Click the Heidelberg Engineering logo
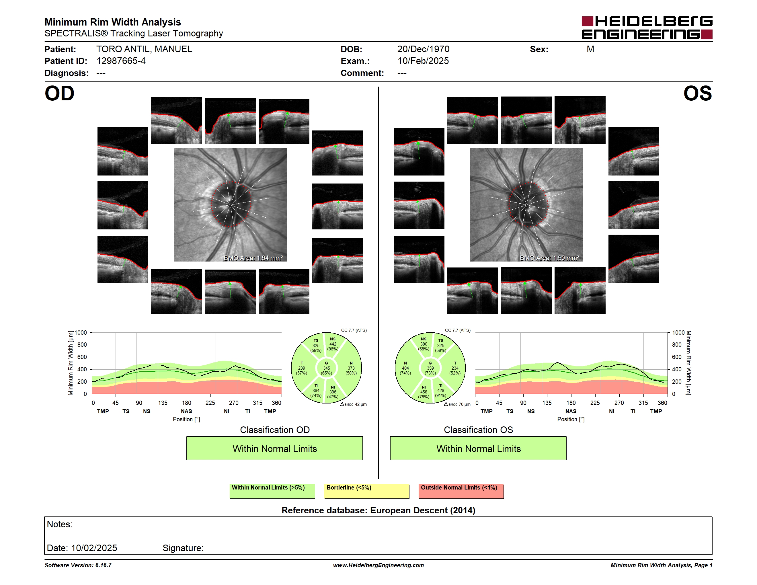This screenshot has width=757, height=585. (x=647, y=28)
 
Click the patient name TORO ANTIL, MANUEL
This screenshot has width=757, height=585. (x=144, y=49)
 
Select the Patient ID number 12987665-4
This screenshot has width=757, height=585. (x=121, y=61)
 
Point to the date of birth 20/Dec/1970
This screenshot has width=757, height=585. (x=423, y=49)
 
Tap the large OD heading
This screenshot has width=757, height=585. (x=59, y=93)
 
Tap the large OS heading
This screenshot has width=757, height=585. (x=697, y=93)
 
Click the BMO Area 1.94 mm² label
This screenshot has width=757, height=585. (x=253, y=258)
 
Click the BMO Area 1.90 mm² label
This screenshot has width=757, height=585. (x=549, y=258)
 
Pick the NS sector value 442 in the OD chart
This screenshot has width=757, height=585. (x=333, y=344)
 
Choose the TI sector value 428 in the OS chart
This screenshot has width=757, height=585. (x=440, y=391)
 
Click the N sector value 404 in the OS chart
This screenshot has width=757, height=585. (x=405, y=368)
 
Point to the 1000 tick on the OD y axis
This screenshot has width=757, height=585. (x=81, y=333)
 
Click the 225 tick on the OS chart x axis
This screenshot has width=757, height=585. (x=595, y=403)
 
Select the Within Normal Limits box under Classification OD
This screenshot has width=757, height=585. (x=274, y=448)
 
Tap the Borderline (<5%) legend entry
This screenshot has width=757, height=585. (x=367, y=491)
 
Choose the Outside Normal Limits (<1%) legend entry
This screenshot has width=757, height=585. (x=461, y=491)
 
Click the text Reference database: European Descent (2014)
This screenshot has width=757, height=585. (x=378, y=510)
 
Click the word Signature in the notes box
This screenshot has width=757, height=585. (x=183, y=548)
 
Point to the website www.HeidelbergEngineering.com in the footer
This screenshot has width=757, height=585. (x=378, y=565)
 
